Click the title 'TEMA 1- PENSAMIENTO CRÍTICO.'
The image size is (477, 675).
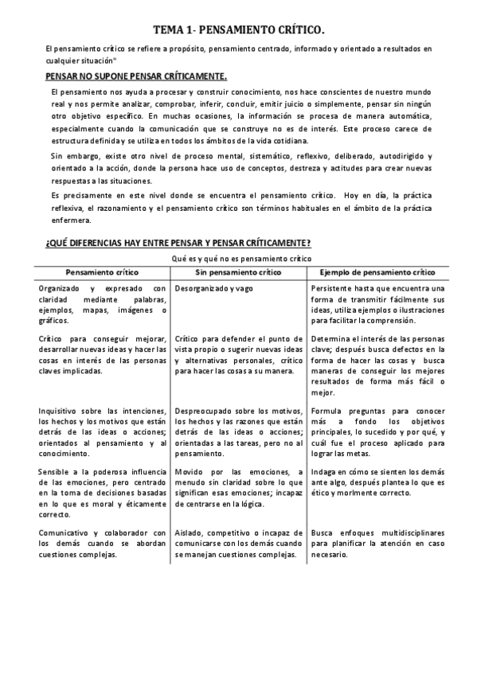click(x=238, y=29)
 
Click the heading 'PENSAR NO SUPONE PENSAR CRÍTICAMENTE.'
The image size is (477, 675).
click(x=135, y=76)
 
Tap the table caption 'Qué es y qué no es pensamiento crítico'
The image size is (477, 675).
click(x=240, y=259)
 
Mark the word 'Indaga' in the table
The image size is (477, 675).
click(x=324, y=472)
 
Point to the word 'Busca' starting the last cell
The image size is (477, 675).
click(x=323, y=533)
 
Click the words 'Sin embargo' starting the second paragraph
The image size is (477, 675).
click(x=71, y=156)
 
